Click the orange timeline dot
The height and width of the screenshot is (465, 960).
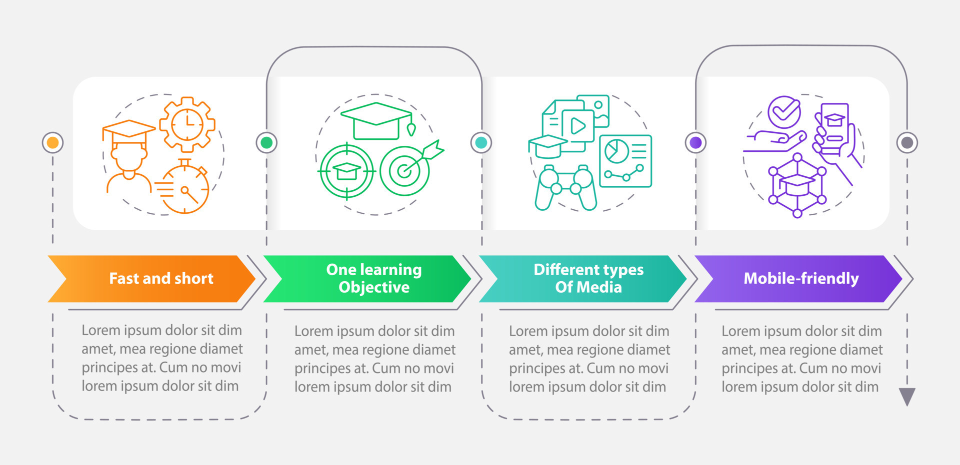[52, 143]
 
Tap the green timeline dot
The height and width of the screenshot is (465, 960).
[266, 143]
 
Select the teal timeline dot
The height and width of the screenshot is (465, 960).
[481, 143]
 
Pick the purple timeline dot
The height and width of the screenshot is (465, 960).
[695, 143]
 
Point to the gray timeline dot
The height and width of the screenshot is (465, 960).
[907, 143]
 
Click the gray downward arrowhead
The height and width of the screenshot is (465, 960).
[907, 397]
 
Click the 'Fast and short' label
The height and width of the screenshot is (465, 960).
[161, 278]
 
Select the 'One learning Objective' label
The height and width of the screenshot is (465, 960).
[374, 278]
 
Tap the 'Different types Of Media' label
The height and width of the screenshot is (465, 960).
[588, 278]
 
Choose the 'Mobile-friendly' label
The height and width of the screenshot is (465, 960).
[801, 278]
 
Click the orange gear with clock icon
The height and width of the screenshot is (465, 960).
[187, 124]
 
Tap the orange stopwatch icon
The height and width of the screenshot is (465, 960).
[184, 188]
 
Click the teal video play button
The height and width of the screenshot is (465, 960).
[578, 126]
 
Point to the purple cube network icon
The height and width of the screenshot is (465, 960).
[797, 186]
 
